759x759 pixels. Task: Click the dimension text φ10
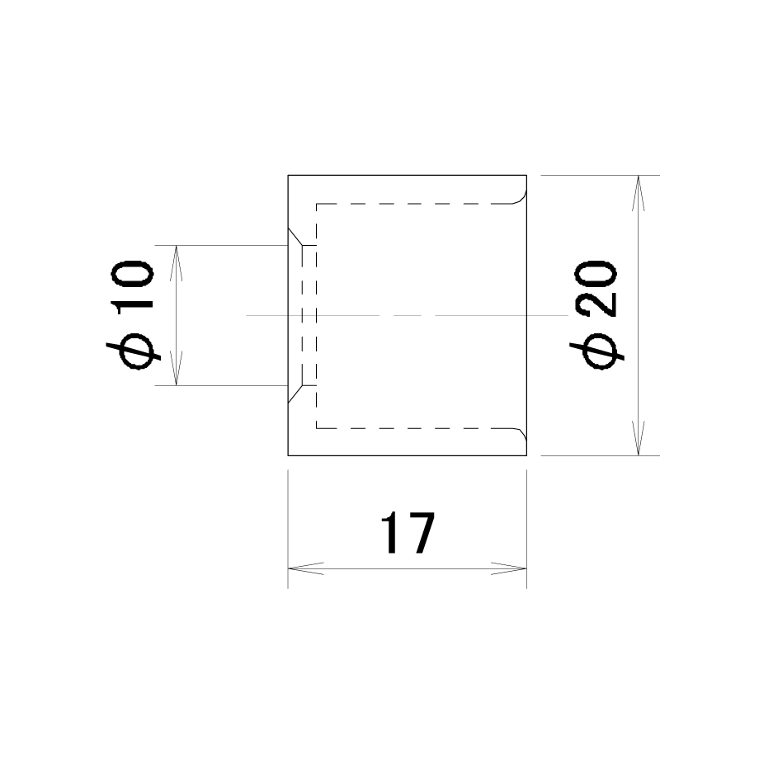pyautogui.click(x=133, y=314)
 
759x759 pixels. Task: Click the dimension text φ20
pyautogui.click(x=596, y=314)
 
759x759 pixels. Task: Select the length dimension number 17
pyautogui.click(x=408, y=533)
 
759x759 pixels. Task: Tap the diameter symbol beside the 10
pyautogui.click(x=134, y=351)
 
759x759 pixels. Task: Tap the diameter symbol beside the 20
pyautogui.click(x=596, y=351)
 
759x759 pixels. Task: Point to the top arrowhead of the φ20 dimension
pyautogui.click(x=638, y=193)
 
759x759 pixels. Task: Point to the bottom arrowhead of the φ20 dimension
pyautogui.click(x=638, y=438)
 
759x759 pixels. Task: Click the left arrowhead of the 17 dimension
pyautogui.click(x=305, y=568)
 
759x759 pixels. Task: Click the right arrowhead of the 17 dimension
pyautogui.click(x=509, y=568)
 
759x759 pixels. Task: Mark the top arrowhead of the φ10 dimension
pyautogui.click(x=177, y=263)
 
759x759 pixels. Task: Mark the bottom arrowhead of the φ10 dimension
pyautogui.click(x=177, y=368)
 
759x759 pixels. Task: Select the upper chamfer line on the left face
pyautogui.click(x=295, y=237)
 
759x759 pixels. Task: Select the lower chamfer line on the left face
pyautogui.click(x=295, y=394)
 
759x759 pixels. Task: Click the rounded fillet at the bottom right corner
pyautogui.click(x=521, y=434)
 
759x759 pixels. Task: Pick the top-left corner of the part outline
pyautogui.click(x=288, y=175)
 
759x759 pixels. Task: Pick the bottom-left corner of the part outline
pyautogui.click(x=288, y=455)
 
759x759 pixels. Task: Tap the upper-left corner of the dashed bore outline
pyautogui.click(x=317, y=204)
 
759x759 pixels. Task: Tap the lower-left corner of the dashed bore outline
pyautogui.click(x=317, y=428)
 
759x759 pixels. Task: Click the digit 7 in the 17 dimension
pyautogui.click(x=421, y=533)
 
